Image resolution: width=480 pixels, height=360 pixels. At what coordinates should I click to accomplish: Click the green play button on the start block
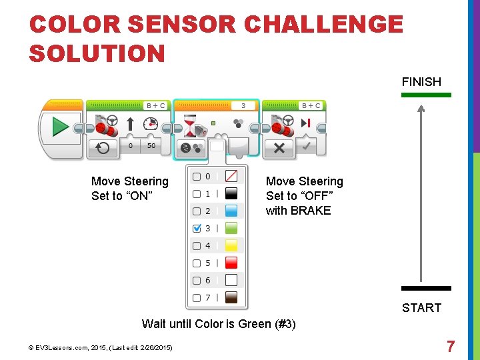61,126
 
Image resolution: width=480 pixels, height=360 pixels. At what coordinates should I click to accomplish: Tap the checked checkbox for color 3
197,228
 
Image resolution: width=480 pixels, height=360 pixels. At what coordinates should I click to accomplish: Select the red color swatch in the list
231,263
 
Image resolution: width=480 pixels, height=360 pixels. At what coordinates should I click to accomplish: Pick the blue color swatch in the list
231,211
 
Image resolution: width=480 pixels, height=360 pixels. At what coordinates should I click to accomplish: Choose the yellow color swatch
231,245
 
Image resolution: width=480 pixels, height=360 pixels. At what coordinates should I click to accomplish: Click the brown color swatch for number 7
231,297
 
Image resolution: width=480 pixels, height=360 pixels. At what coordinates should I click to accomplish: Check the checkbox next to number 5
197,263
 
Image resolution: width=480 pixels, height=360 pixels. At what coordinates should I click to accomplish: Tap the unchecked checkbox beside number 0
197,176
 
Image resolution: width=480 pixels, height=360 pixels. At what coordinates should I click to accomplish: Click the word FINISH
421,82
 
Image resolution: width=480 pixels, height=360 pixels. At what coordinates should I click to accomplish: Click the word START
421,307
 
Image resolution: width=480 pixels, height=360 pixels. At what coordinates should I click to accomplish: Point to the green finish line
426,95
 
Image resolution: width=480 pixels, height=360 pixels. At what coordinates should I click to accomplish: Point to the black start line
426,288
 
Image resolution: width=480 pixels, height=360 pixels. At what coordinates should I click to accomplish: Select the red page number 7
451,347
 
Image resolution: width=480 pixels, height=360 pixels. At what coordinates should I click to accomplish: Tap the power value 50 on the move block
151,145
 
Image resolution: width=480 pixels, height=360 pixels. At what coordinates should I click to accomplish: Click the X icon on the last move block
280,147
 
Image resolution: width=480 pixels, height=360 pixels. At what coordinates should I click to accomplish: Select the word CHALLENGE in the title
323,25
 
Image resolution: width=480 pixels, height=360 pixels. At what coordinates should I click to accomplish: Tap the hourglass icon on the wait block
191,123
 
